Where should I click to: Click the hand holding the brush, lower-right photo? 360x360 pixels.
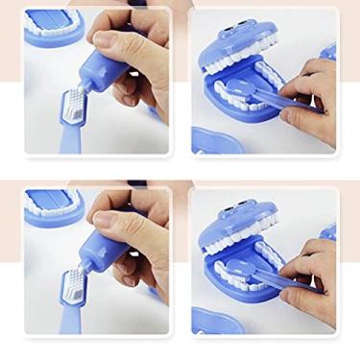(312, 269)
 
